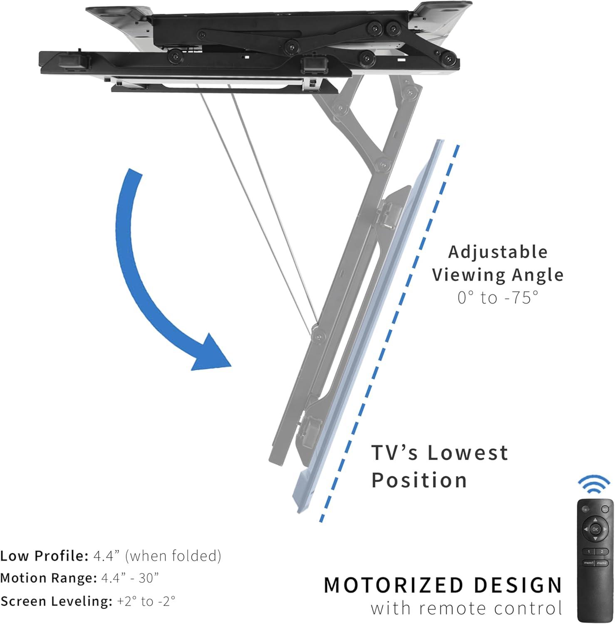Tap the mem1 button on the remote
click(x=589, y=562)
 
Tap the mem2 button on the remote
click(x=602, y=562)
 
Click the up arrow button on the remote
click(x=595, y=520)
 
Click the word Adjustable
click(x=498, y=252)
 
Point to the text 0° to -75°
click(x=498, y=297)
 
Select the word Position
click(x=419, y=480)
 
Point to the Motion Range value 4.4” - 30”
click(x=130, y=578)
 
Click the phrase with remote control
click(x=466, y=608)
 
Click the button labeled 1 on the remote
click(x=589, y=551)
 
